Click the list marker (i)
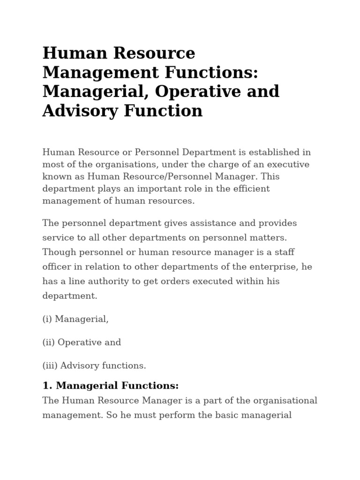pos(47,319)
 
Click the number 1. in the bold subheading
pos(46,386)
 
